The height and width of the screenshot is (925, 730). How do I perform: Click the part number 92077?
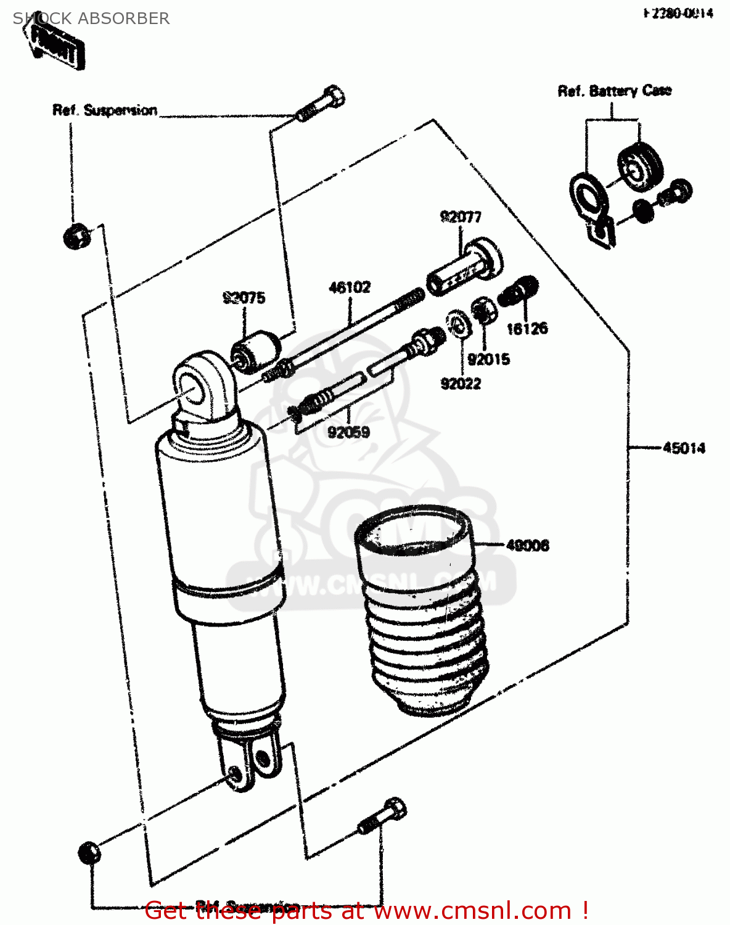[x=460, y=217]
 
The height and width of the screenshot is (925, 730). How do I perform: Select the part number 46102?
[x=350, y=287]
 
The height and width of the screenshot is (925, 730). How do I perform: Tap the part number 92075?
[x=244, y=298]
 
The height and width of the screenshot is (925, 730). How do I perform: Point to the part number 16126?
[x=527, y=329]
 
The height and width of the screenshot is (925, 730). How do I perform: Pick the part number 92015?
[x=488, y=359]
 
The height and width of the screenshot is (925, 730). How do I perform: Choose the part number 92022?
[x=461, y=384]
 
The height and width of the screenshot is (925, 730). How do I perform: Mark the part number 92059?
[x=348, y=432]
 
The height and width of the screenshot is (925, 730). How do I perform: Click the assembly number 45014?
[x=684, y=448]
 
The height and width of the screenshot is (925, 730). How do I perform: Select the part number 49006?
[x=527, y=546]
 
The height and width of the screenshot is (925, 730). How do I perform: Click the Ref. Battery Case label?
[x=614, y=91]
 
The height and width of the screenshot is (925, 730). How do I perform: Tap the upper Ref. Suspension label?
[x=105, y=110]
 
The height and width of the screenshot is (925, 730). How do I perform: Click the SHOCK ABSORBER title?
[x=91, y=18]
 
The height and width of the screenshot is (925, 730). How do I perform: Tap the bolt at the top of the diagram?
[x=321, y=104]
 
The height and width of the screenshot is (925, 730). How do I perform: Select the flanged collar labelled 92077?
[x=465, y=267]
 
